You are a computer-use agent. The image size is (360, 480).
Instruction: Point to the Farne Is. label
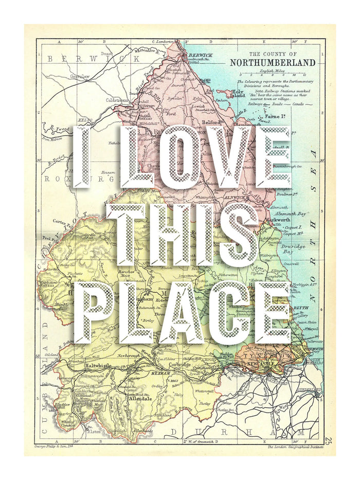(275, 117)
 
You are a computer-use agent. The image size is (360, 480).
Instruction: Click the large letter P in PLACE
(96, 312)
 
